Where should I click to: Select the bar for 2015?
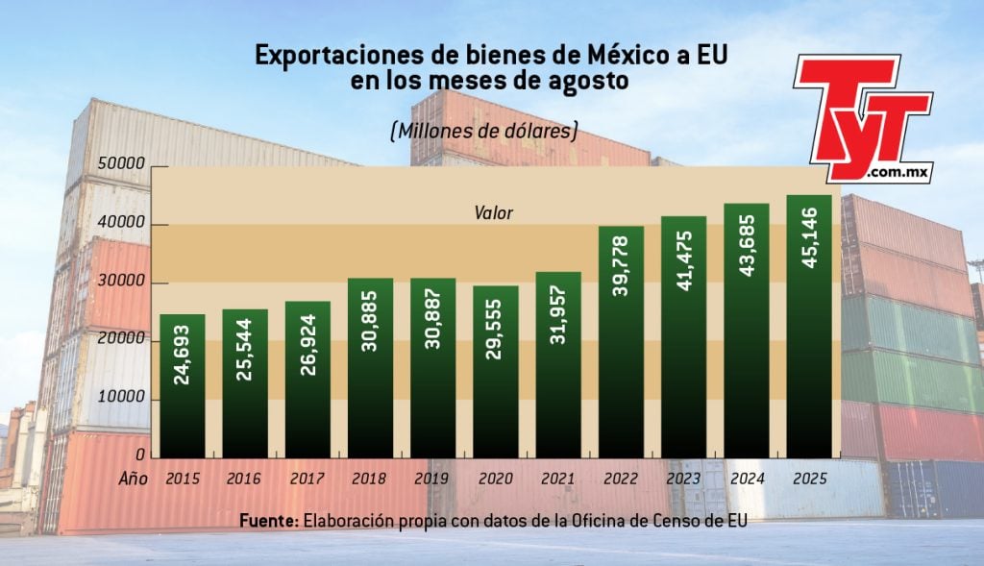(183, 384)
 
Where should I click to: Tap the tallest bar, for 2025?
(809, 326)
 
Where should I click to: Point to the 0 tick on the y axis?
(139, 455)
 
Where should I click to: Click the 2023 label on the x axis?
(683, 478)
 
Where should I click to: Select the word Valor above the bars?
(494, 212)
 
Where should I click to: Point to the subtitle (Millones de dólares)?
(483, 131)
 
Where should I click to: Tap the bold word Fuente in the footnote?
(269, 521)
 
